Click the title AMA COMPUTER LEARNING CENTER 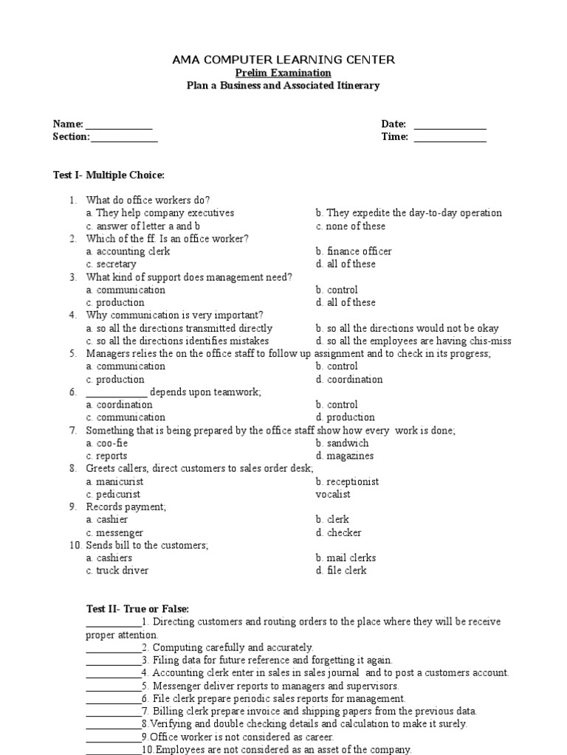[x=283, y=60]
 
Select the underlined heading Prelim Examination [x=283, y=73]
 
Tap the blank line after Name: [x=118, y=125]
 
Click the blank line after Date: [x=450, y=125]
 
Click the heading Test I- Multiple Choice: [x=109, y=175]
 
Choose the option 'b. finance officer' [x=354, y=251]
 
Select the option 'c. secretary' [x=111, y=264]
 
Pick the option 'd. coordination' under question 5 [x=349, y=380]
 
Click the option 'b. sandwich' [x=342, y=443]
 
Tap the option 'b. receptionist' [x=347, y=481]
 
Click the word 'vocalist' [x=333, y=494]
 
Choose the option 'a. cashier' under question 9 [x=107, y=520]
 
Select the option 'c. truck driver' [x=117, y=571]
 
